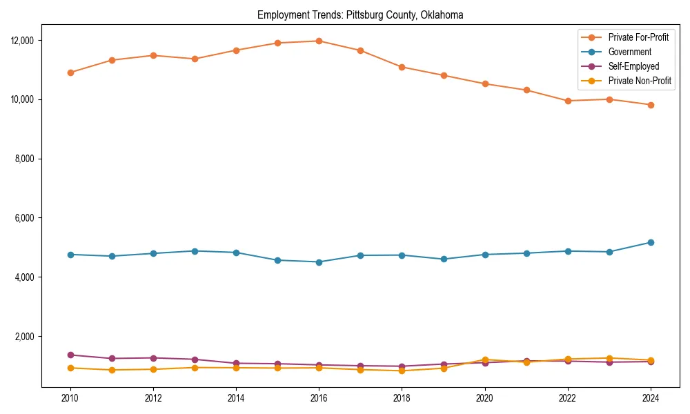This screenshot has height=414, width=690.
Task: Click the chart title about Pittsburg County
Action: [359, 14]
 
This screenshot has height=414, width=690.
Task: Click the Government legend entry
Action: [629, 52]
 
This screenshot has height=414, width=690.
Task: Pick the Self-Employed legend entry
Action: [633, 66]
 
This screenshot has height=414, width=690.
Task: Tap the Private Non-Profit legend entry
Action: [640, 81]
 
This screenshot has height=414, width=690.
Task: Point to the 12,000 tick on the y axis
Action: [23, 41]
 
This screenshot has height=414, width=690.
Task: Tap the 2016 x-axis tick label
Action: [319, 397]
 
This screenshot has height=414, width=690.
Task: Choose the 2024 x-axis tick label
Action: [651, 397]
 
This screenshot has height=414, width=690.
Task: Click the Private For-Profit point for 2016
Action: [319, 41]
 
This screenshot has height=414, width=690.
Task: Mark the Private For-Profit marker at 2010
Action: [70, 72]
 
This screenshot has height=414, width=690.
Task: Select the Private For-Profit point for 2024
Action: [651, 105]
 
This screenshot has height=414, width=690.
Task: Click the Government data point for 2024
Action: [651, 242]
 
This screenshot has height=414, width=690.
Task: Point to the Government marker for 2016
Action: [319, 262]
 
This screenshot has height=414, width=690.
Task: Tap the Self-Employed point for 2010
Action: [70, 355]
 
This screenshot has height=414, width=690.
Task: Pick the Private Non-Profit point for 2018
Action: [402, 371]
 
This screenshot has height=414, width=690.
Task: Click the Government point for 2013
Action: [195, 251]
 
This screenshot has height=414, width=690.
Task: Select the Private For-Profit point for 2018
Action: [402, 67]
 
